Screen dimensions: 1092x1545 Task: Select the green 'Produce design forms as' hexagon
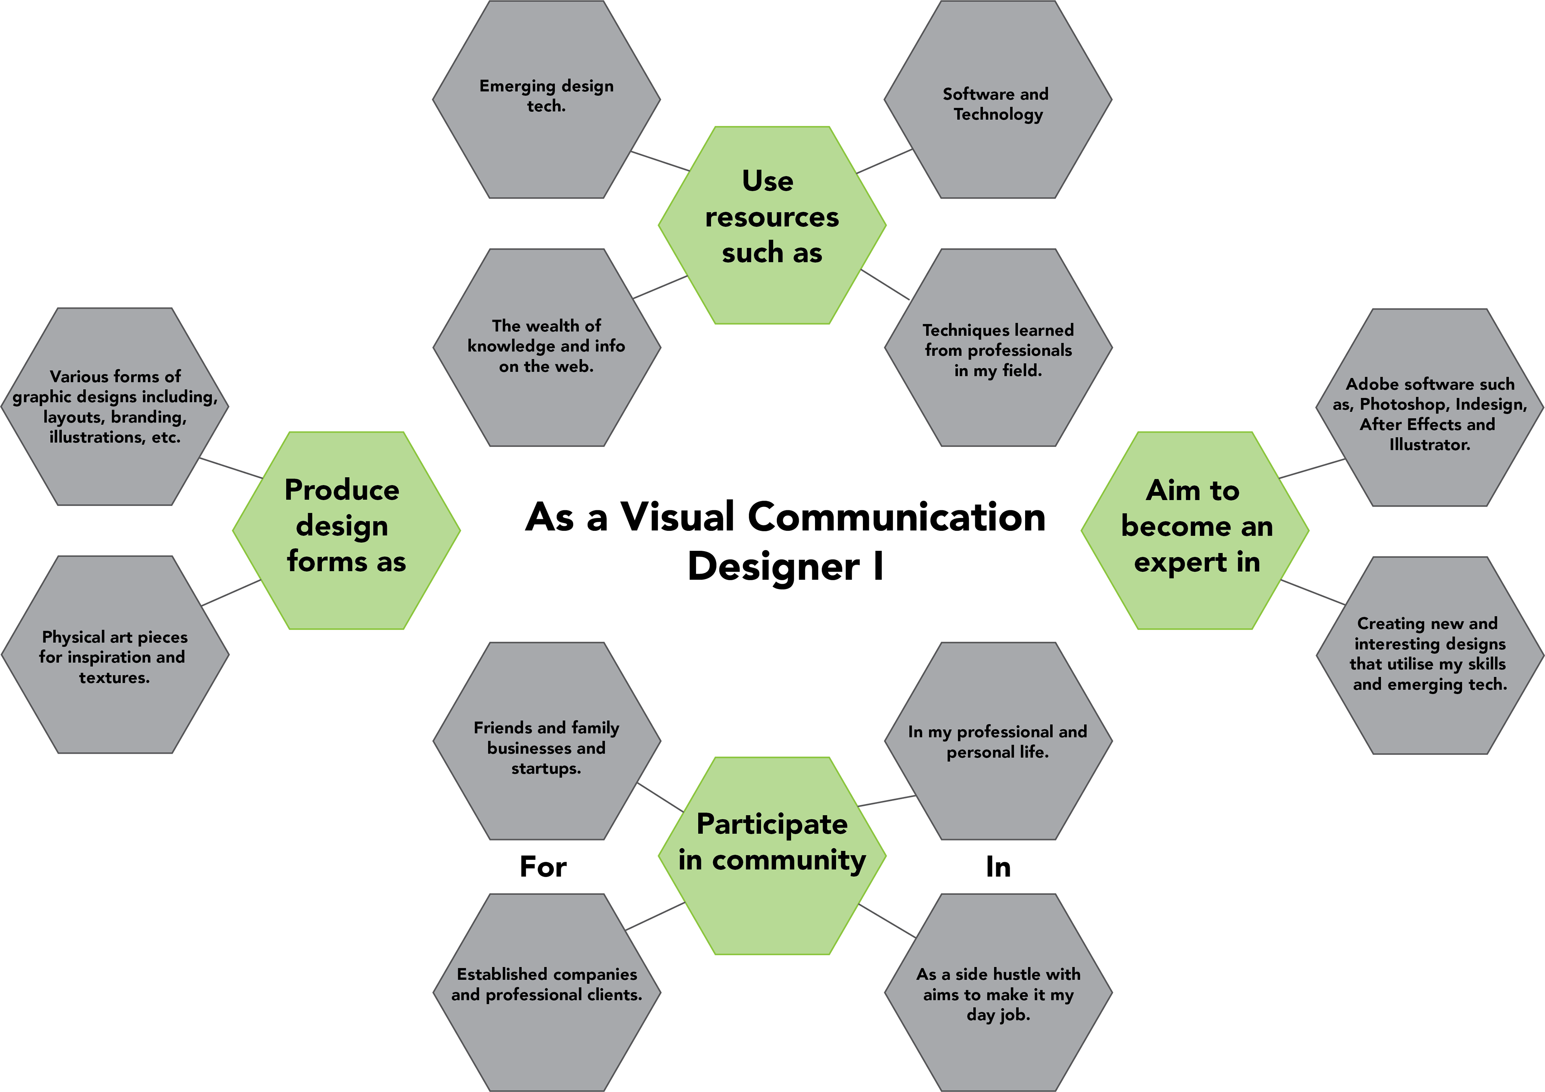(346, 530)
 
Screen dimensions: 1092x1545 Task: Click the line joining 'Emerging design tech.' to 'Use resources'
(659, 161)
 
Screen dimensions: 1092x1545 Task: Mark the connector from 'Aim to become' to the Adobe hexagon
(1312, 468)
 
